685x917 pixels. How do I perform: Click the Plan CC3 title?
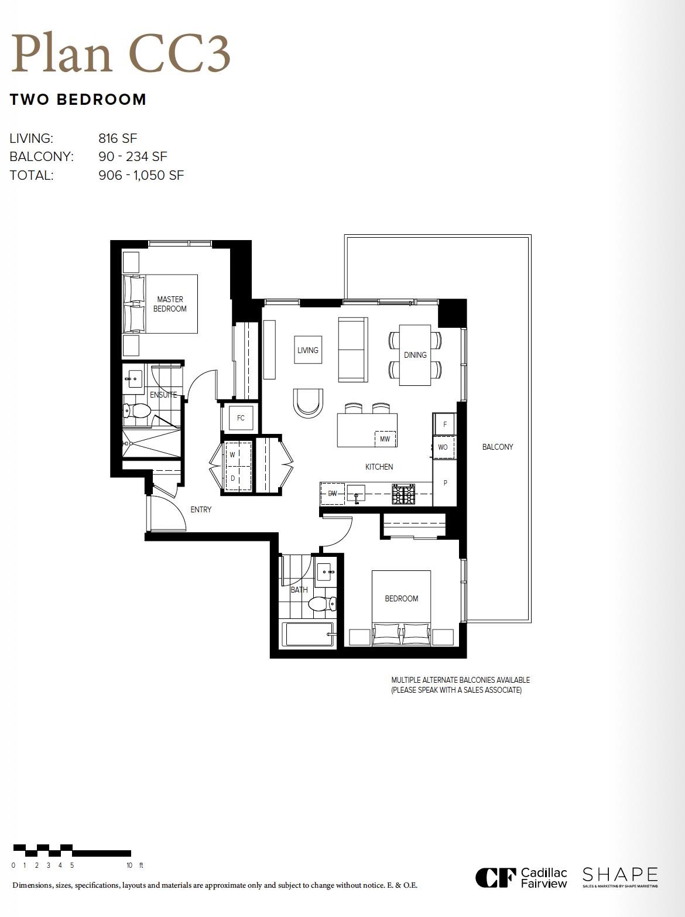121,53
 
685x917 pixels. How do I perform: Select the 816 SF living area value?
118,138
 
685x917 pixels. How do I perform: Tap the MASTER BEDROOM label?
170,304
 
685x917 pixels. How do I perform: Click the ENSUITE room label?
163,395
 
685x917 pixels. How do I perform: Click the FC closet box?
241,418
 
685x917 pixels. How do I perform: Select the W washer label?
232,454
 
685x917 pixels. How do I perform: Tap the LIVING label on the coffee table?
307,350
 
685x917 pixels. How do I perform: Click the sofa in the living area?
353,350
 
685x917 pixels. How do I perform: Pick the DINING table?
415,355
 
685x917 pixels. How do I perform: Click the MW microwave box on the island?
385,439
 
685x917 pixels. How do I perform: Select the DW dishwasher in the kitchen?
333,493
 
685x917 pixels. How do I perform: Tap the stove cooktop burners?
403,494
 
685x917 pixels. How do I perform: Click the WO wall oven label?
443,447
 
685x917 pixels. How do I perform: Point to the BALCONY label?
497,447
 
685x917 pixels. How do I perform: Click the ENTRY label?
201,509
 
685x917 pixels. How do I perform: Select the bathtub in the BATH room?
308,634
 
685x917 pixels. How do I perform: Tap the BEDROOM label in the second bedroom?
401,598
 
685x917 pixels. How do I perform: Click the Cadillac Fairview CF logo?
495,877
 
